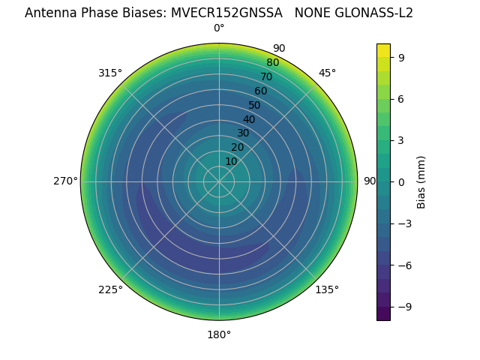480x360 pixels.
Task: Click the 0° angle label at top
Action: [x=219, y=28]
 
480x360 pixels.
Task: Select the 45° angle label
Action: [x=328, y=73]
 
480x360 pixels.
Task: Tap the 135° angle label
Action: [x=327, y=289]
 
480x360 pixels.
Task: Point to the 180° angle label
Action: [x=219, y=334]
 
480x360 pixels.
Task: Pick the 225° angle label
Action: [x=110, y=289]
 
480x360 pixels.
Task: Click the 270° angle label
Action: [x=65, y=181]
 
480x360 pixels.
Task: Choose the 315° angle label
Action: [x=110, y=73]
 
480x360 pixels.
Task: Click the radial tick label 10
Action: [x=231, y=162]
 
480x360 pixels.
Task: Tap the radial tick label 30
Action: [x=243, y=133]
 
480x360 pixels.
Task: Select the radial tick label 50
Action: [x=255, y=106]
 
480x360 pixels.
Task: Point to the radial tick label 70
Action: [x=266, y=77]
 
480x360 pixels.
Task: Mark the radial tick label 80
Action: [x=272, y=63]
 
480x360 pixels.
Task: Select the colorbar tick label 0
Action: [x=402, y=182]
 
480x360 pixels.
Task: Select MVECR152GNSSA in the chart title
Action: [x=236, y=13]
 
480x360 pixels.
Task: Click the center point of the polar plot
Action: [x=219, y=181]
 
